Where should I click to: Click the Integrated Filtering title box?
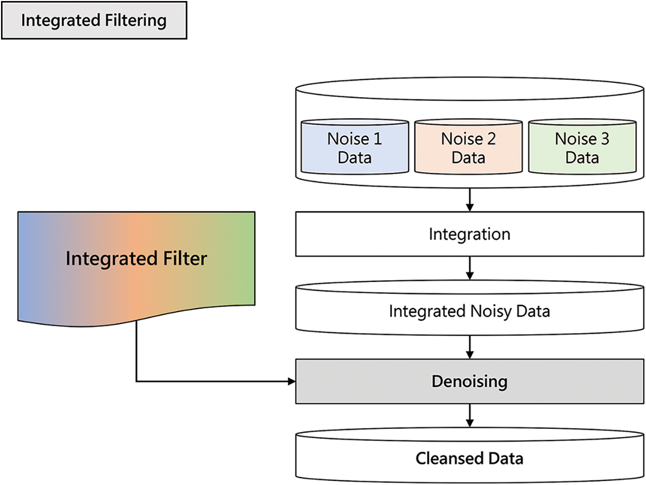pos(94,21)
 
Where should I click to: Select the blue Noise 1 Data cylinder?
pos(355,148)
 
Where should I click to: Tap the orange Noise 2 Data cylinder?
pos(468,148)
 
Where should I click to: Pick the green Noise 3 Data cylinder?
pos(582,148)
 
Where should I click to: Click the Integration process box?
pos(469,235)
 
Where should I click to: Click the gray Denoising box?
pos(469,382)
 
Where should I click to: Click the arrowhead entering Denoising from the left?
pos(291,382)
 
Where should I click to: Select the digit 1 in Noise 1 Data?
pos(377,139)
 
